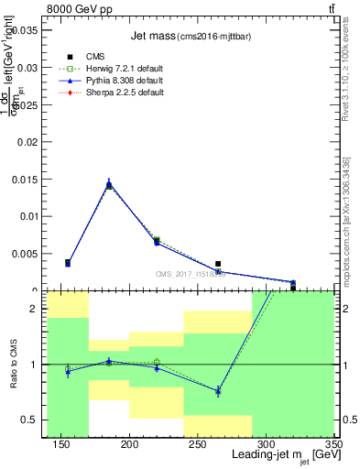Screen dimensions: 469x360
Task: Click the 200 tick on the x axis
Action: [130, 444]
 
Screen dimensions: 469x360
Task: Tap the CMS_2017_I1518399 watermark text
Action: [191, 273]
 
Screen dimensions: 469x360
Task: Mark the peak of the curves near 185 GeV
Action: [109, 183]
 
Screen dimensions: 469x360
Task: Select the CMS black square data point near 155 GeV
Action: [69, 263]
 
